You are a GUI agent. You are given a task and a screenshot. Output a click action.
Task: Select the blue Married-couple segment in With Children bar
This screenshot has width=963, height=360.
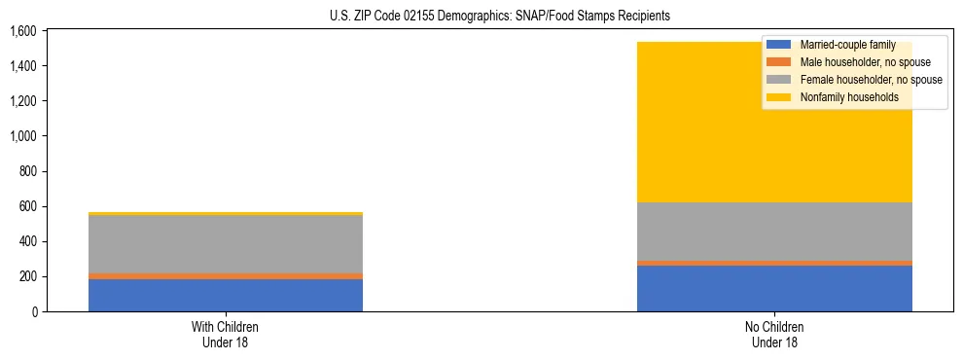[x=226, y=295]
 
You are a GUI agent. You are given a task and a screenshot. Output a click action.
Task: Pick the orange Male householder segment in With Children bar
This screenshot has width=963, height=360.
[x=226, y=276]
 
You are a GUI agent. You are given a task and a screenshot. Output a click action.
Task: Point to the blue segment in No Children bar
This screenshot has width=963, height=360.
[x=774, y=288]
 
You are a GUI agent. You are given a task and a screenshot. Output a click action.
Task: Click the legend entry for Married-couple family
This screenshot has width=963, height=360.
[x=840, y=45]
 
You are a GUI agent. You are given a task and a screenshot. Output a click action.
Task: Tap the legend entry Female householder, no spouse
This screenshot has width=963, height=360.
[x=870, y=80]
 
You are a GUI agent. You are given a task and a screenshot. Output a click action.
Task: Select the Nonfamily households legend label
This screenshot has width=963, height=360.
[x=842, y=97]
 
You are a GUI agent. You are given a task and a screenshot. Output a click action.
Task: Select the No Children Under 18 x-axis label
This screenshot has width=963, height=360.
[x=774, y=335]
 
